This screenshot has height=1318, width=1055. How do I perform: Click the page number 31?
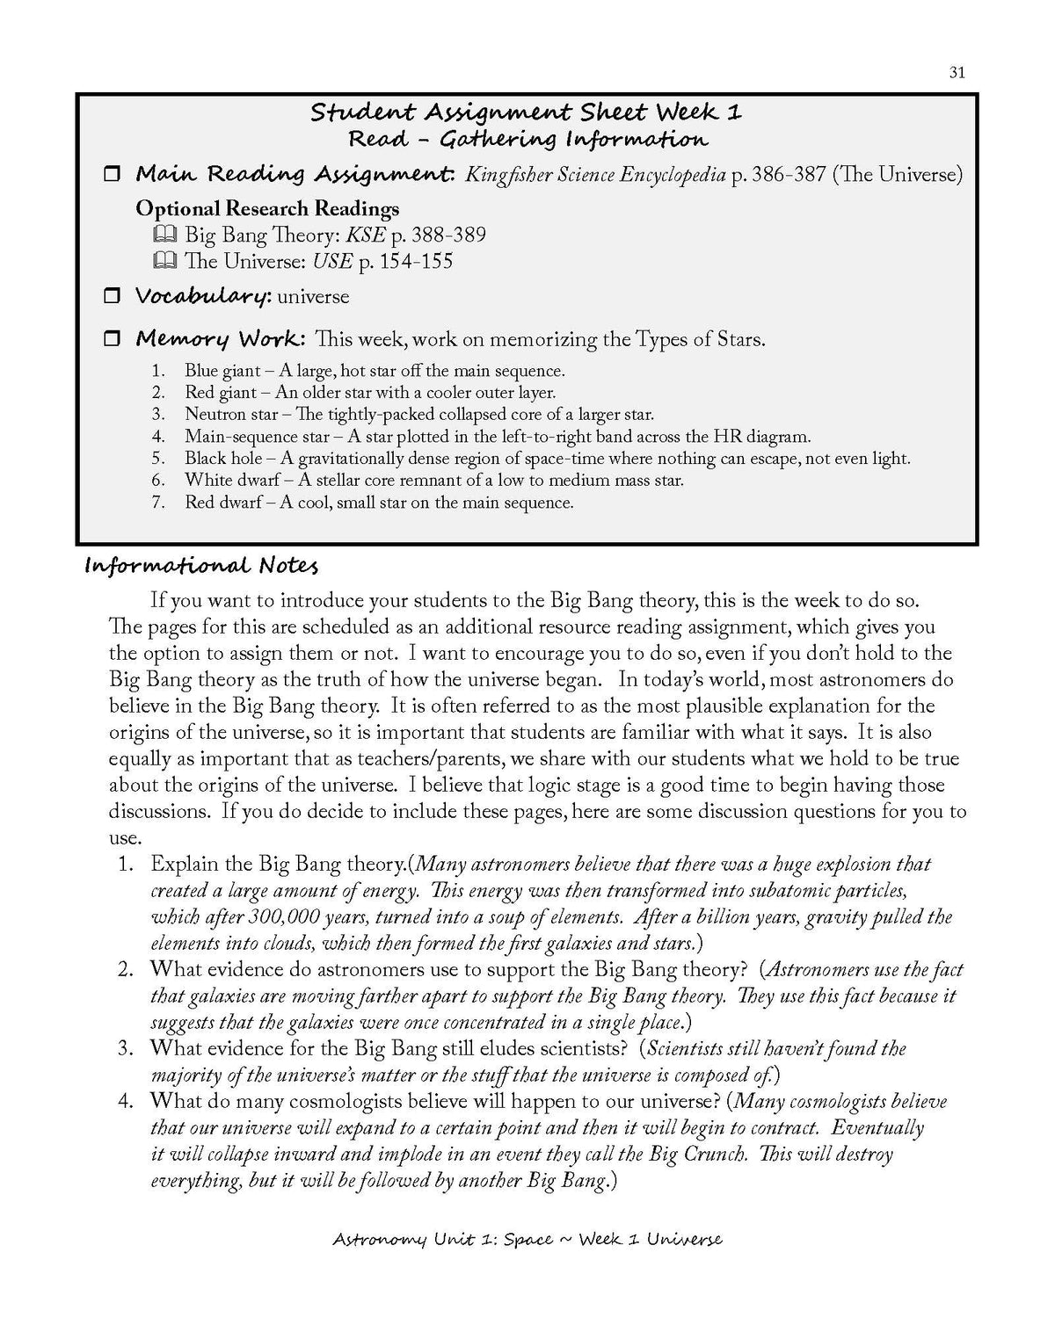point(957,73)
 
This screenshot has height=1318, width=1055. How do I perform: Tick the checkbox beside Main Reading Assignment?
point(112,175)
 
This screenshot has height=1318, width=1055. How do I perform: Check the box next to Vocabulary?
point(112,297)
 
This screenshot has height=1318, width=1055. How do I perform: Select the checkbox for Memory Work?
point(112,339)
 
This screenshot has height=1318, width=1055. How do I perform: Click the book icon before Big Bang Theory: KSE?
point(164,235)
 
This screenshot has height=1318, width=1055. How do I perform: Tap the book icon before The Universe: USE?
point(164,262)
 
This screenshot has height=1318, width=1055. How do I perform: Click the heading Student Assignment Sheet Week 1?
point(527,112)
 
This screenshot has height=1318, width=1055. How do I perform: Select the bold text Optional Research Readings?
point(267,209)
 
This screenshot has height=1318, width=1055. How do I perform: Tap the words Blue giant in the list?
point(222,371)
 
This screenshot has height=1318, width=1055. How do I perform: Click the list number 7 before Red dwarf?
point(158,503)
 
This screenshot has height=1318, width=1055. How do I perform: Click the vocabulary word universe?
point(313,297)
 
